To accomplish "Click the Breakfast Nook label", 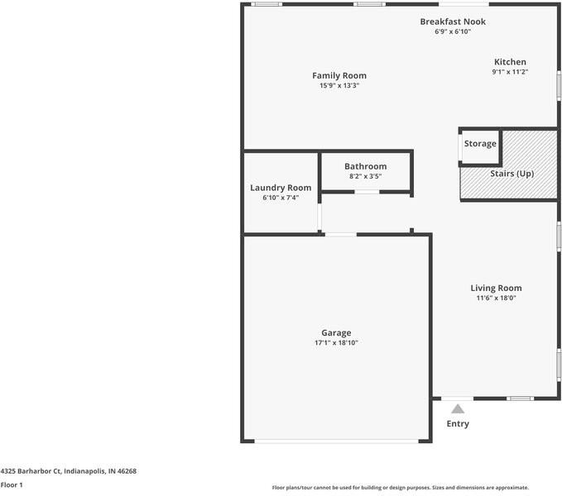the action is pyautogui.click(x=453, y=21).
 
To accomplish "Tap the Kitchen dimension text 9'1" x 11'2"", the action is pyautogui.click(x=510, y=72).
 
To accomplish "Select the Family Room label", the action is pyautogui.click(x=339, y=76).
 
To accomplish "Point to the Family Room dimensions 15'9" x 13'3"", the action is pyautogui.click(x=339, y=85).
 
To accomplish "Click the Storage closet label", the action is pyautogui.click(x=480, y=144).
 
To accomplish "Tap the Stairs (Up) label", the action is pyautogui.click(x=512, y=174).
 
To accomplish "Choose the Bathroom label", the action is pyautogui.click(x=366, y=166).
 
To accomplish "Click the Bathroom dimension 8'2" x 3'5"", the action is pyautogui.click(x=366, y=176).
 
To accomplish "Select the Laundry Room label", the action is pyautogui.click(x=281, y=188).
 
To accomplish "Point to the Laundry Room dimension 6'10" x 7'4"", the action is pyautogui.click(x=281, y=198).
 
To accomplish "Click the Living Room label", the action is pyautogui.click(x=496, y=288).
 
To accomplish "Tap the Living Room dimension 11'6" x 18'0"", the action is pyautogui.click(x=496, y=298).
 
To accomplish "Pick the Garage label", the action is pyautogui.click(x=336, y=333).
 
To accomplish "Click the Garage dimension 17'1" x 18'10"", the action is pyautogui.click(x=336, y=342).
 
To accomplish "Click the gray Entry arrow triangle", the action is pyautogui.click(x=458, y=408).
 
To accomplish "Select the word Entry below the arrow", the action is pyautogui.click(x=458, y=424).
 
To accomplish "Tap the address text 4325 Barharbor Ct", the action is pyautogui.click(x=31, y=471).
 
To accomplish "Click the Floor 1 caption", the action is pyautogui.click(x=12, y=485).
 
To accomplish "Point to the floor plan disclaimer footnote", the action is pyautogui.click(x=401, y=488).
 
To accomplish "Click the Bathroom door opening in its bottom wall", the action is pyautogui.click(x=367, y=192).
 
